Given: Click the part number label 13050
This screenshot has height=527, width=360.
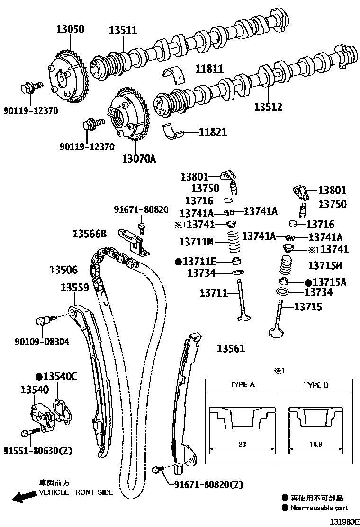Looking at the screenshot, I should click(69, 30).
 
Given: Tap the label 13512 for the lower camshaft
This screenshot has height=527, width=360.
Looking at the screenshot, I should click(268, 107).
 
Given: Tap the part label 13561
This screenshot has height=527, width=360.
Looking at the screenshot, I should click(231, 349).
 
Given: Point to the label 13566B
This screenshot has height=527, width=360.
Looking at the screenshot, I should click(89, 233).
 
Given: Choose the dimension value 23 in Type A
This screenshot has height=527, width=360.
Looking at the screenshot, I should click(242, 445).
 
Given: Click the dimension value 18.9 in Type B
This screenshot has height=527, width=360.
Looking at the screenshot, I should click(316, 445).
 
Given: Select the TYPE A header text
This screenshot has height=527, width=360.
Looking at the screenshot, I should click(242, 385).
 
